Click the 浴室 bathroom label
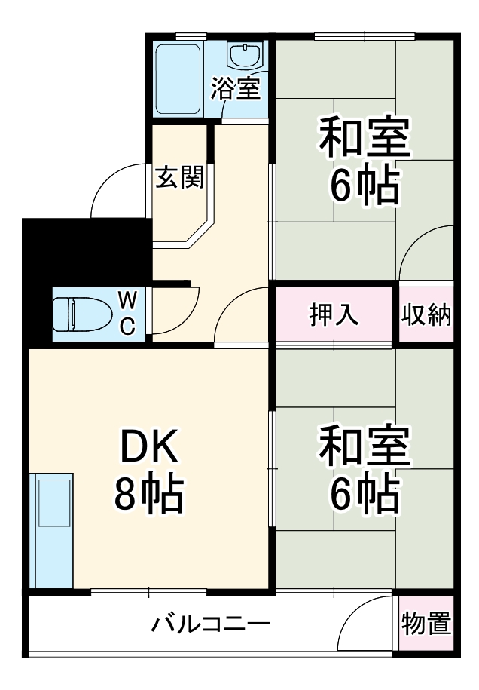[235, 88]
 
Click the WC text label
[128, 313]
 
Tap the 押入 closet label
[334, 314]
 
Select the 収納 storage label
[426, 314]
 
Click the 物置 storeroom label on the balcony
[426, 624]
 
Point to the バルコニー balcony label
[210, 625]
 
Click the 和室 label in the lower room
[365, 446]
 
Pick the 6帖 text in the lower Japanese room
[365, 493]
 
